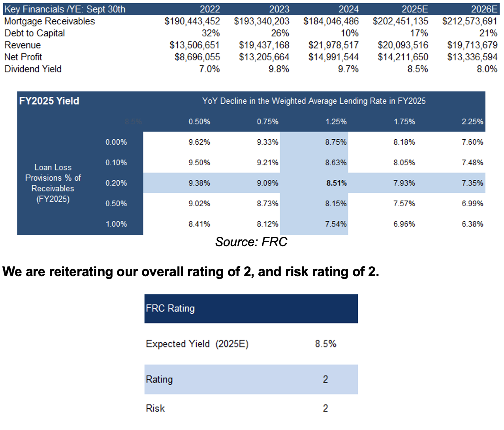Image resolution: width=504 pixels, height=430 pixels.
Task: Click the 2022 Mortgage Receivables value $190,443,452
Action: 192,21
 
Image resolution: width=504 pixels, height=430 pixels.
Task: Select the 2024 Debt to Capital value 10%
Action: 350,33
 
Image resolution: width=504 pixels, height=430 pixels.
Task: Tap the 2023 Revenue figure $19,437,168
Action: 264,45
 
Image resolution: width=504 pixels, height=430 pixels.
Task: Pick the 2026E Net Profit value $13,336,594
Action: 472,57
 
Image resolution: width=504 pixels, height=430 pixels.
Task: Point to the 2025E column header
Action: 415,9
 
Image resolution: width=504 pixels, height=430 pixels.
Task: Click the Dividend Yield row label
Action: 33,69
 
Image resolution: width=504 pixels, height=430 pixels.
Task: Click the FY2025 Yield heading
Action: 49,101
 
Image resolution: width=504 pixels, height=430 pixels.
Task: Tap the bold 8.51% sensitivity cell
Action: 337,183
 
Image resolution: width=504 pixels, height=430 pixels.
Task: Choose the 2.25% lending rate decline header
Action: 472,122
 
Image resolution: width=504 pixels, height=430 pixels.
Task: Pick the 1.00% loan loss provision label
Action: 116,224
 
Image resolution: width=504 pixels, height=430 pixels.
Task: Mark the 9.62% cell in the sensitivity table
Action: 199,142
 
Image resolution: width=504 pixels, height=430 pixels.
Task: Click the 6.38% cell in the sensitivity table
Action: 472,224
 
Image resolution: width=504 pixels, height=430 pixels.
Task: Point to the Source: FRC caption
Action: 251,242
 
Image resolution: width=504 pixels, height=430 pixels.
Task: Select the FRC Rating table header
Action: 170,308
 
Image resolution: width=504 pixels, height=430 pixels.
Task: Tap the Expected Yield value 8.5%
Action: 325,344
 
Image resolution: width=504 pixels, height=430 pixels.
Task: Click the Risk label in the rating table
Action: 155,408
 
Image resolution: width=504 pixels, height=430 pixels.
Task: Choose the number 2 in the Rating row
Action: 325,380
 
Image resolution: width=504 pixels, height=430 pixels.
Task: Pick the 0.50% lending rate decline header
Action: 199,122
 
